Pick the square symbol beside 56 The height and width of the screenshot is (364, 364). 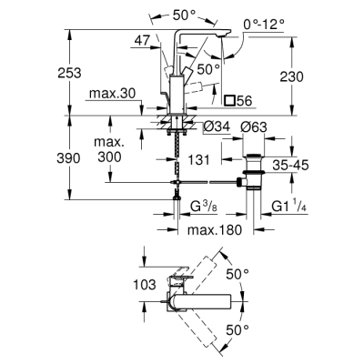pos(230,101)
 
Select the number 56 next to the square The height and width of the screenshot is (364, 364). pos(247,101)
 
